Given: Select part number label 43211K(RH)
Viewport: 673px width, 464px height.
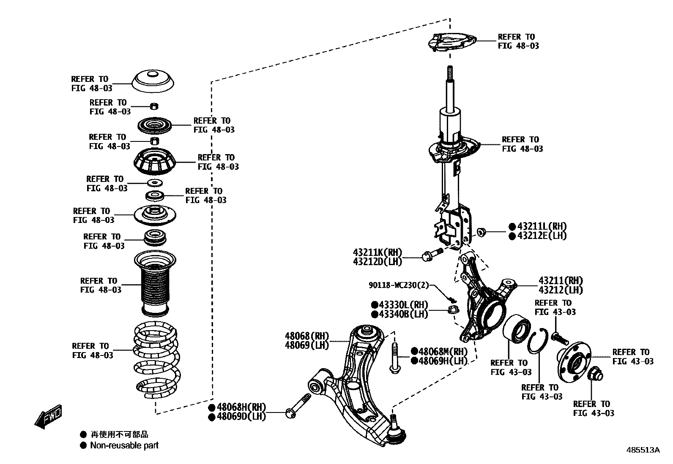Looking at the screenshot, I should coord(378,252).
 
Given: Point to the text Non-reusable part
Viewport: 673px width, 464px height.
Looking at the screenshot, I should coord(124,445).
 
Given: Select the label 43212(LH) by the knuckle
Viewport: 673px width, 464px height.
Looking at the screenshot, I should coord(561,290).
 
